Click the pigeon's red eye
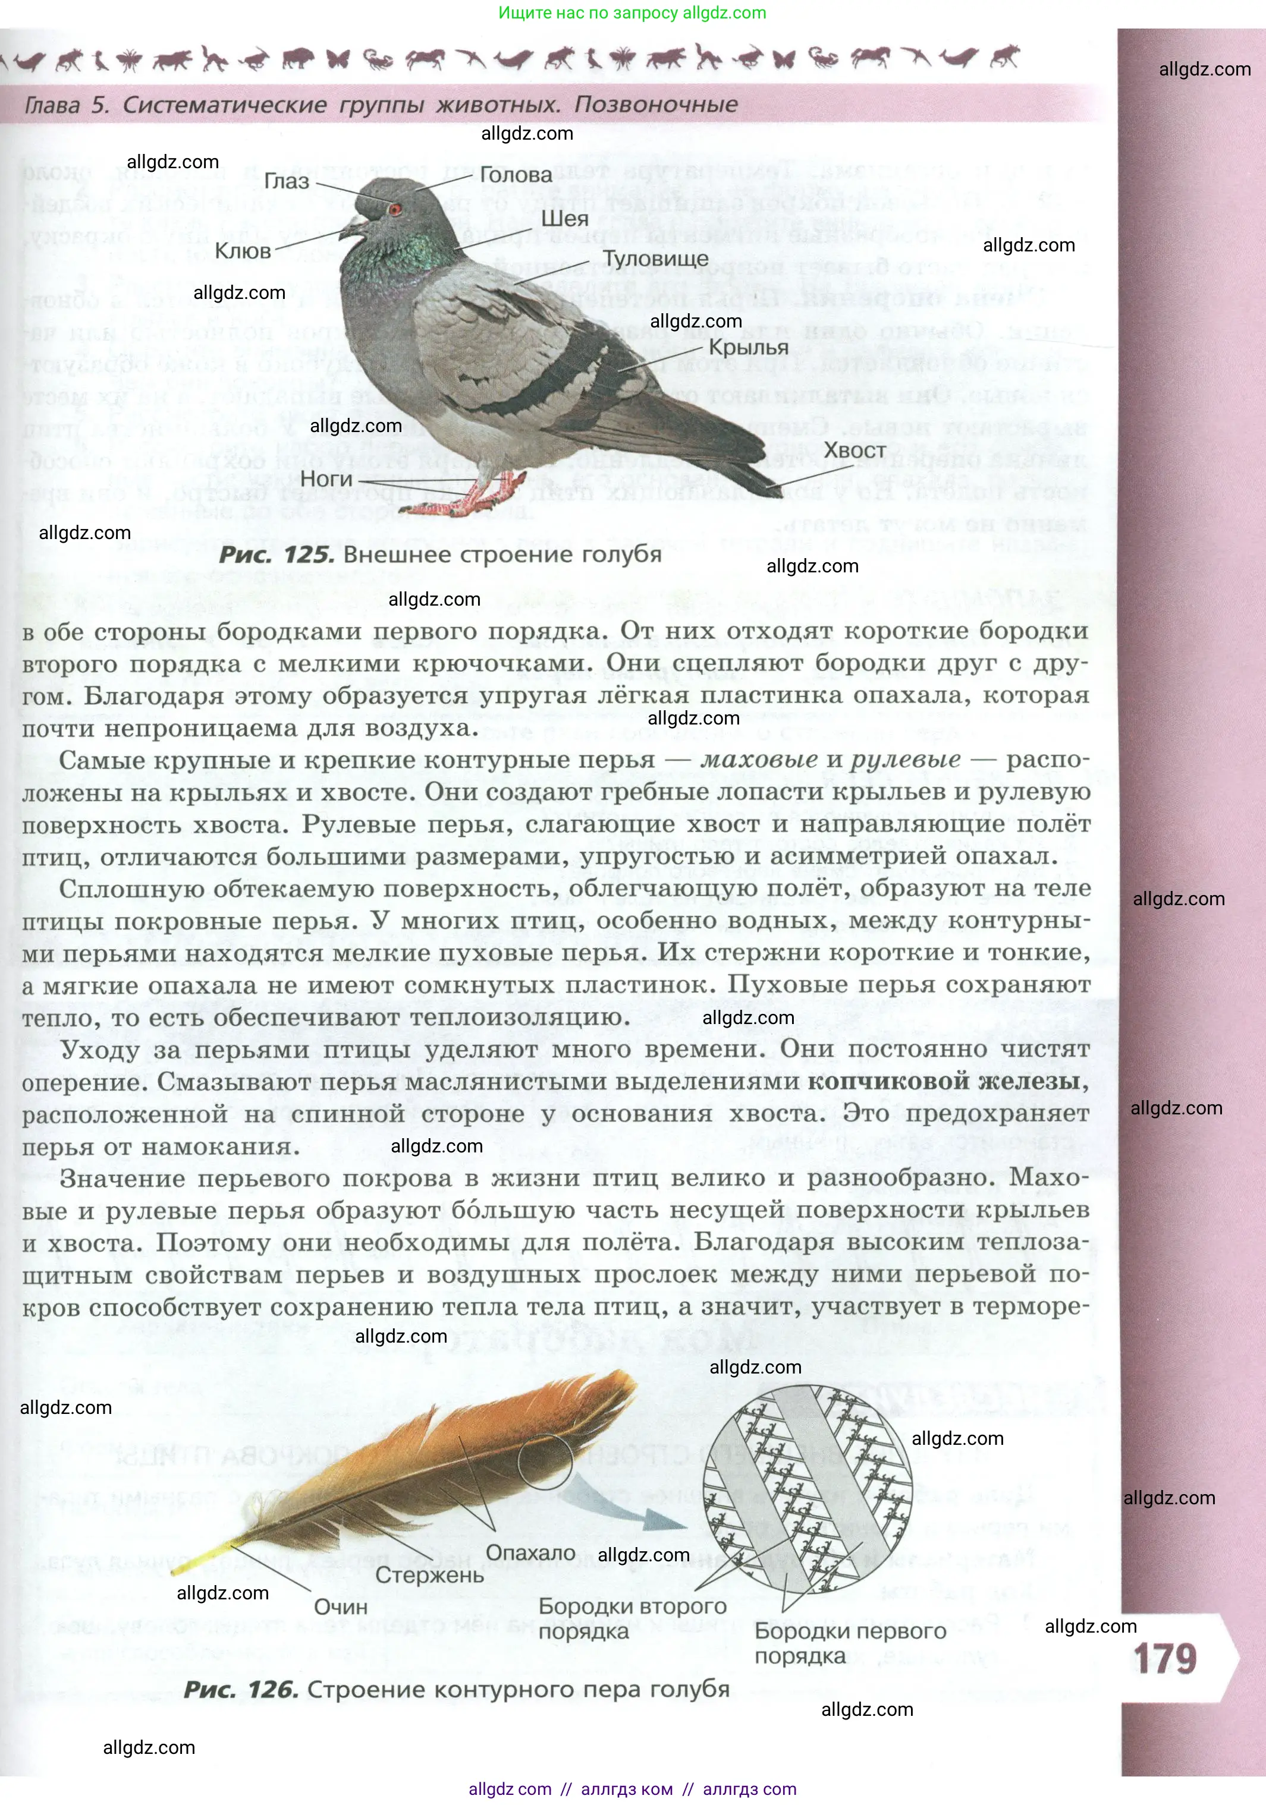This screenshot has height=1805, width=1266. [395, 209]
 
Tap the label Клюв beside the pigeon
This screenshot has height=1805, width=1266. [243, 251]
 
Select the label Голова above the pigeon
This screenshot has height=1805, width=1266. [516, 175]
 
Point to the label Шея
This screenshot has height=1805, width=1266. [564, 219]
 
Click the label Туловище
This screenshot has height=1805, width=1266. [656, 259]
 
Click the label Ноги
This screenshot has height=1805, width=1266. [326, 479]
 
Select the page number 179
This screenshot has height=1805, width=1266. [1166, 1659]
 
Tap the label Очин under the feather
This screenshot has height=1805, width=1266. [341, 1606]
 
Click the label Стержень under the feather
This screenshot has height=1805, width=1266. [429, 1574]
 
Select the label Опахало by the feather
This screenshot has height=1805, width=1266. [531, 1552]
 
